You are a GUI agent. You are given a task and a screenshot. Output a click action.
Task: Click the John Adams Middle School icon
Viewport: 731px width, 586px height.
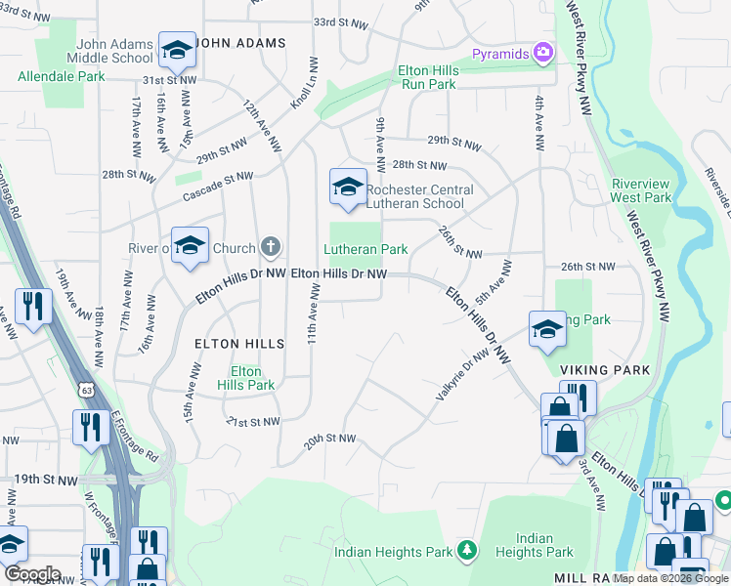[177, 49]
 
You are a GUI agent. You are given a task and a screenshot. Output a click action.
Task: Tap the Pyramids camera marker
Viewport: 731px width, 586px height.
[543, 52]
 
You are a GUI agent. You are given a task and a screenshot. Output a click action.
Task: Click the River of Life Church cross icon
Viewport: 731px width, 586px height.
[271, 248]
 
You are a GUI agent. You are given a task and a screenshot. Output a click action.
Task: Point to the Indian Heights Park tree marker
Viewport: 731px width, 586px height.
[467, 552]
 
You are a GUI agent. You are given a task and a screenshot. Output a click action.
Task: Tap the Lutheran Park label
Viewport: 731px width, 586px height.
[366, 250]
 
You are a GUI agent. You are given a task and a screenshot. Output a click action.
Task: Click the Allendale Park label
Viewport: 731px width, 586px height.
[61, 76]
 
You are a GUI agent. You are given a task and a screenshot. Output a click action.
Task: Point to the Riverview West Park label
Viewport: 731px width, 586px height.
[640, 190]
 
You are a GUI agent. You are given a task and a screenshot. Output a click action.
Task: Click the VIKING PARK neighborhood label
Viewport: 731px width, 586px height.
[599, 370]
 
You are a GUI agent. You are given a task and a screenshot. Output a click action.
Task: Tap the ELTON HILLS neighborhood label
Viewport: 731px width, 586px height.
[239, 344]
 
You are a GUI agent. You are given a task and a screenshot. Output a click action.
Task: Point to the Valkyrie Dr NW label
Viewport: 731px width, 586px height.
[460, 376]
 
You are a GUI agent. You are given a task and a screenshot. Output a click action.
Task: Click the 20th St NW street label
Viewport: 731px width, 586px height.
[329, 440]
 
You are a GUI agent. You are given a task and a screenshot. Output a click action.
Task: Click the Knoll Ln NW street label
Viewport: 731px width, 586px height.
[302, 84]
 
